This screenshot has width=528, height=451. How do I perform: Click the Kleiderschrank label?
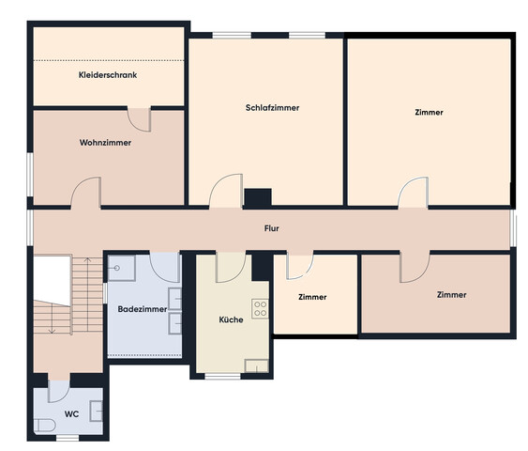tap(108, 75)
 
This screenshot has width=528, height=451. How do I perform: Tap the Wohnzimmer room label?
tap(105, 143)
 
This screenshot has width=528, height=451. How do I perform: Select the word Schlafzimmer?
tap(272, 108)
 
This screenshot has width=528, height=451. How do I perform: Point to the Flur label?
tap(271, 228)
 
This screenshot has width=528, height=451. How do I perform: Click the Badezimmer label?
tap(143, 309)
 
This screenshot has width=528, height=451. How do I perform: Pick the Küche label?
tap(231, 319)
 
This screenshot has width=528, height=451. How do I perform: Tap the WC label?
tap(71, 414)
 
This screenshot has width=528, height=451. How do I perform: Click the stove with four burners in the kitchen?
tap(261, 308)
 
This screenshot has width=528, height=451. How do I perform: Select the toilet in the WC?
tap(45, 426)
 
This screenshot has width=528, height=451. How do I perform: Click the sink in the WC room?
tap(97, 412)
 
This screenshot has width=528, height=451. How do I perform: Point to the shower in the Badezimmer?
tap(122, 268)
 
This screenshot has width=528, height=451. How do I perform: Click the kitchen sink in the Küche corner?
tap(257, 366)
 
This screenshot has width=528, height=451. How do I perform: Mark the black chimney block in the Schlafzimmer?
tap(258, 197)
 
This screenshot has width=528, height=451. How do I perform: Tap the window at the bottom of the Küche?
tap(223, 376)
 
